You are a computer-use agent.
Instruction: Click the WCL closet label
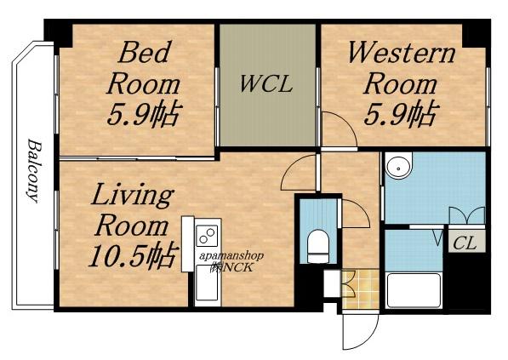[x=266, y=84]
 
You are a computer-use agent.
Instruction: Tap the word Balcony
[x=34, y=171]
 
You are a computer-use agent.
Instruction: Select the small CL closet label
[x=465, y=243]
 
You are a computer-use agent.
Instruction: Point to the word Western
[x=402, y=53]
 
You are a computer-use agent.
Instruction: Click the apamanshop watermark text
[x=231, y=256]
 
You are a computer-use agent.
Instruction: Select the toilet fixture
[x=318, y=246]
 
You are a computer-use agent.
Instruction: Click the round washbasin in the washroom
[x=399, y=166]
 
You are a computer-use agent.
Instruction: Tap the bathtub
[x=414, y=290]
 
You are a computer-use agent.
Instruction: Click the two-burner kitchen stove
[x=208, y=236]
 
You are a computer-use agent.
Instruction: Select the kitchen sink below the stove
[x=207, y=283]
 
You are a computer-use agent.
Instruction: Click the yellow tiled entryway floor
[x=361, y=289]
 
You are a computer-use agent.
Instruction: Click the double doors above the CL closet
[x=467, y=215]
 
